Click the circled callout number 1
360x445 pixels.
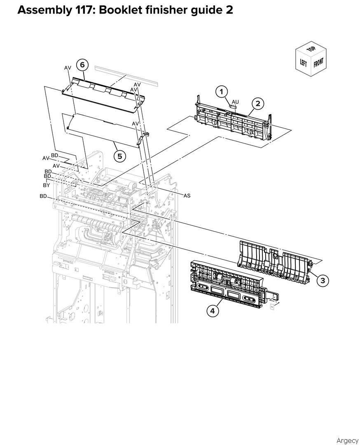click(222, 91)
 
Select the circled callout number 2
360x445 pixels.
click(257, 103)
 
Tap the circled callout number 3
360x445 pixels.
click(323, 281)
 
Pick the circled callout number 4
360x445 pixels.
click(213, 311)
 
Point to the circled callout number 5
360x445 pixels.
click(120, 156)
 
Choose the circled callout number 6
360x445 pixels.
click(82, 65)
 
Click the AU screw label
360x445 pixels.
click(235, 102)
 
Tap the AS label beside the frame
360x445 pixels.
click(187, 196)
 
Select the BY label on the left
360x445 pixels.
click(46, 185)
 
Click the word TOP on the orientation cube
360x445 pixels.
click(311, 49)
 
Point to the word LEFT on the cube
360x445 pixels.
click(304, 63)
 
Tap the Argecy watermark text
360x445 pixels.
click(347, 440)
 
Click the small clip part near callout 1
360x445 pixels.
click(233, 106)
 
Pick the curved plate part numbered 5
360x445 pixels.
click(108, 129)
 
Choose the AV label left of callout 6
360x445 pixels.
click(68, 68)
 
